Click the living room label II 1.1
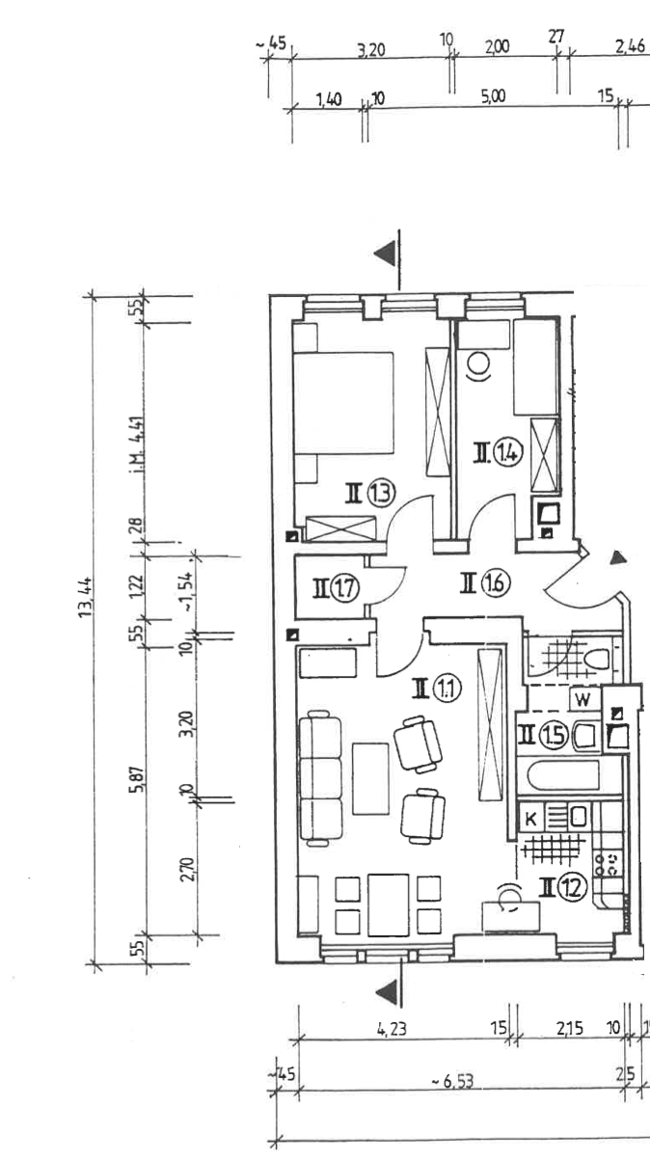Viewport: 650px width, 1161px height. point(437,688)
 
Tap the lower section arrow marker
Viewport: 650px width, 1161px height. point(386,989)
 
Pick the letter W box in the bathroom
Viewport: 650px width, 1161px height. point(582,698)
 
